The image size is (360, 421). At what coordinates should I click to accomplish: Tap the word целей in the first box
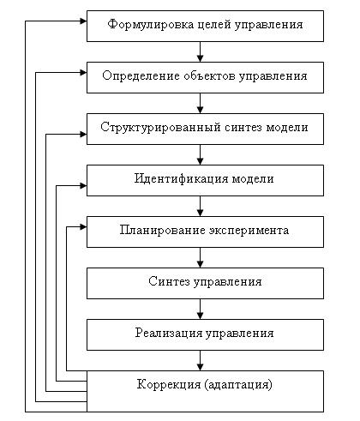coord(214,25)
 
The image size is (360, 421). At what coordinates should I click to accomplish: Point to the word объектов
coord(209,76)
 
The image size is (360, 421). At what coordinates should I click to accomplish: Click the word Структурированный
coord(160,128)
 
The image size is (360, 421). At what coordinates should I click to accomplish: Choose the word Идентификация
coord(181,179)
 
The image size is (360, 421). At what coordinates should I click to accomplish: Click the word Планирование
coord(162,231)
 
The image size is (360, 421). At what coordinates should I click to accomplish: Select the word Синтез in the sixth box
coord(169,281)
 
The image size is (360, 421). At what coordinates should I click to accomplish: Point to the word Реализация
coord(169,334)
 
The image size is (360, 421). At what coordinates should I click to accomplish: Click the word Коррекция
coord(169,384)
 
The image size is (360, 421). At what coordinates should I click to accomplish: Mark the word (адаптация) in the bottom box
coord(238,385)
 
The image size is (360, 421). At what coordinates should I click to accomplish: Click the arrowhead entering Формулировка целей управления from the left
coord(83,21)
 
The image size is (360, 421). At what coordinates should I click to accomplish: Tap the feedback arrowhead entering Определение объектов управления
coord(83,73)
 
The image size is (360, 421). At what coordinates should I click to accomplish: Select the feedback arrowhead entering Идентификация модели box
coord(83,186)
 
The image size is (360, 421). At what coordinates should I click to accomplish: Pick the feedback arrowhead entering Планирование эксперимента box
coord(83,227)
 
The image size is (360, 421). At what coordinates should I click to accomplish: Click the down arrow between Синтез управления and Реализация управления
coord(200,310)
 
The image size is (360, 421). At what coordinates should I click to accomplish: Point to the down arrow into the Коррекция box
coord(200,361)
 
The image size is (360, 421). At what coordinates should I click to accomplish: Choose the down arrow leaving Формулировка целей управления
coord(200,52)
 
